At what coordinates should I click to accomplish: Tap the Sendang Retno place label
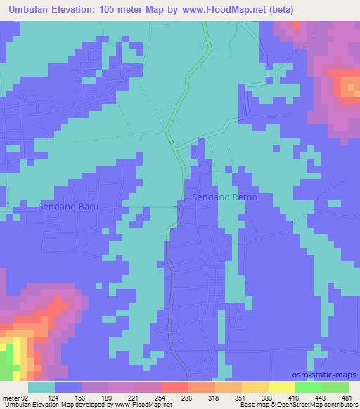pos(225,198)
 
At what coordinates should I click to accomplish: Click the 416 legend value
pos(293,398)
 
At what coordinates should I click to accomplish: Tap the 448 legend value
pos(320,398)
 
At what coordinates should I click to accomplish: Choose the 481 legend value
pos(346,398)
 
